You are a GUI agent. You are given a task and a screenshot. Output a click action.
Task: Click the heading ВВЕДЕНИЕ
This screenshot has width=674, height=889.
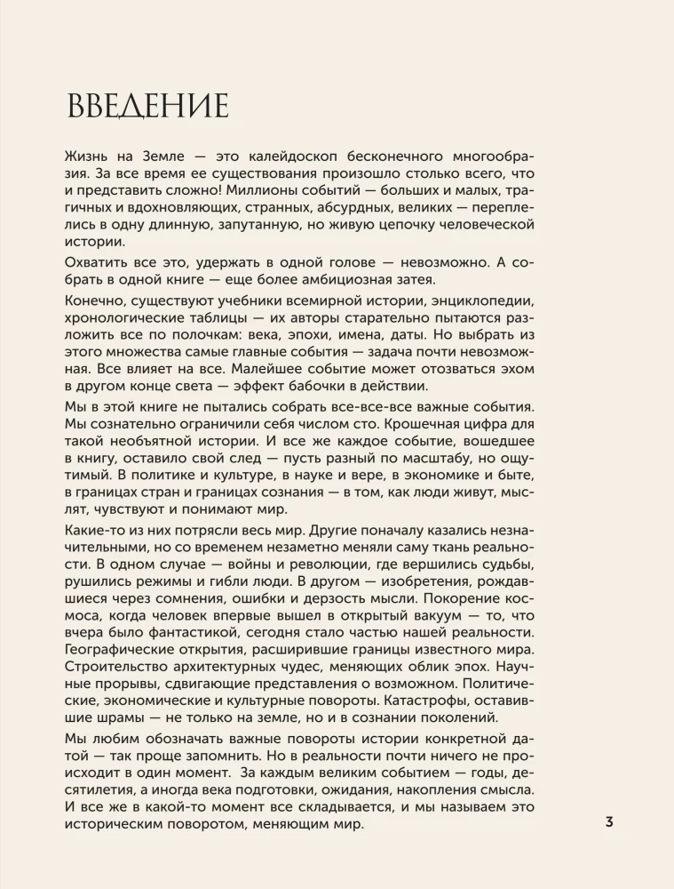[148, 106]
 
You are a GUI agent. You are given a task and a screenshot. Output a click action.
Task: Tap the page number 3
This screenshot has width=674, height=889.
[609, 821]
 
